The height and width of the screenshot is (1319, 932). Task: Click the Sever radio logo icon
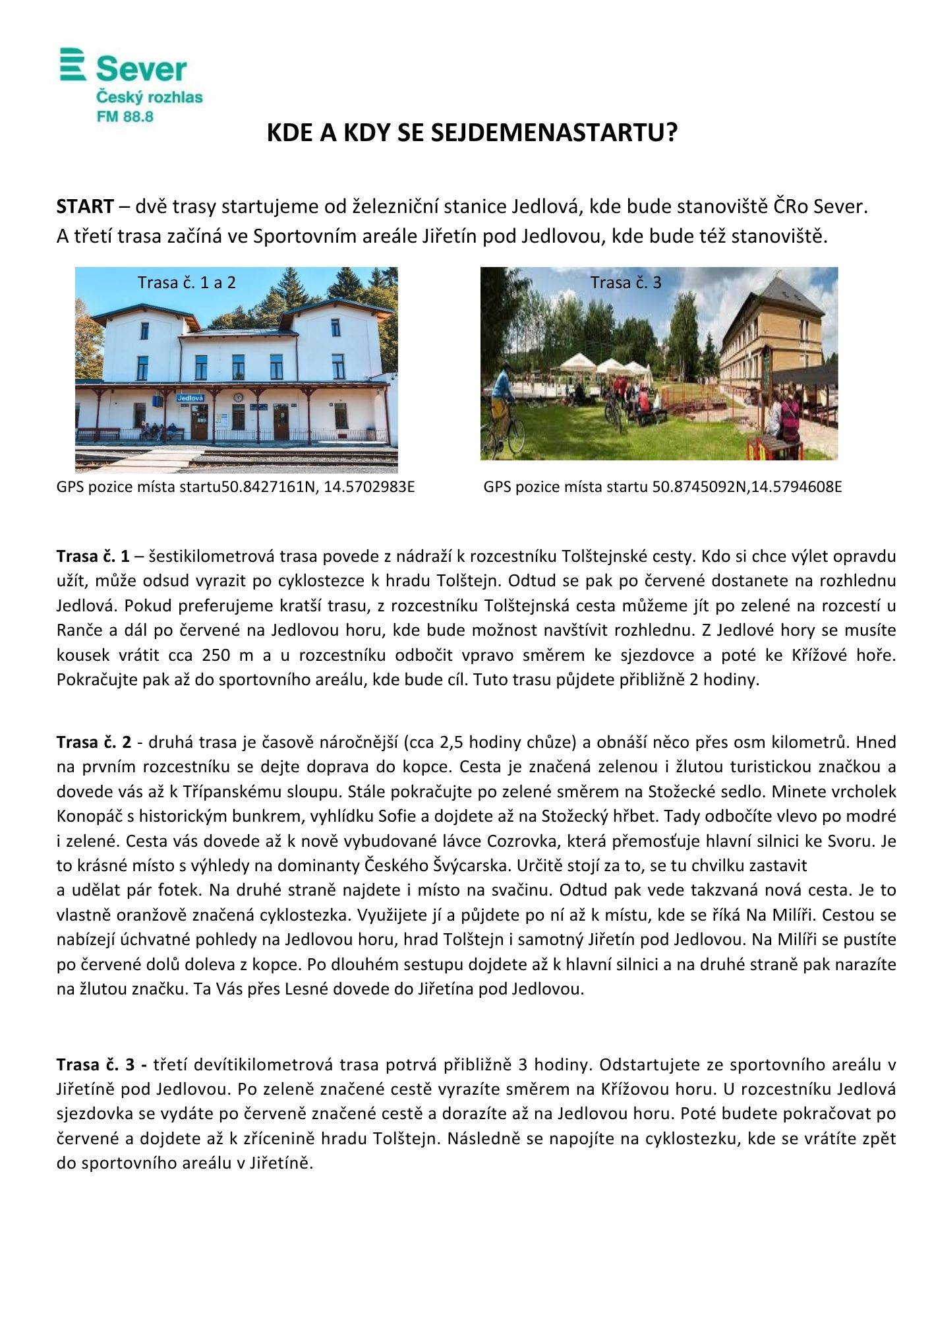(73, 65)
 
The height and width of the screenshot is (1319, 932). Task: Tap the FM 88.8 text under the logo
(125, 117)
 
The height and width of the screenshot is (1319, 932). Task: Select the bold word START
(85, 206)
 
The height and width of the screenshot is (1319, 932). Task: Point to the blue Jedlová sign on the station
(190, 398)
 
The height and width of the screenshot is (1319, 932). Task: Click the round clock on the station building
(237, 397)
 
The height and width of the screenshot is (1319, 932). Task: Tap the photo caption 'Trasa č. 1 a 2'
(187, 282)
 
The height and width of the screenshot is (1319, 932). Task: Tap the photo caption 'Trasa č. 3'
(626, 282)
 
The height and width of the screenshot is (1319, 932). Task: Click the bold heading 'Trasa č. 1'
(93, 557)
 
